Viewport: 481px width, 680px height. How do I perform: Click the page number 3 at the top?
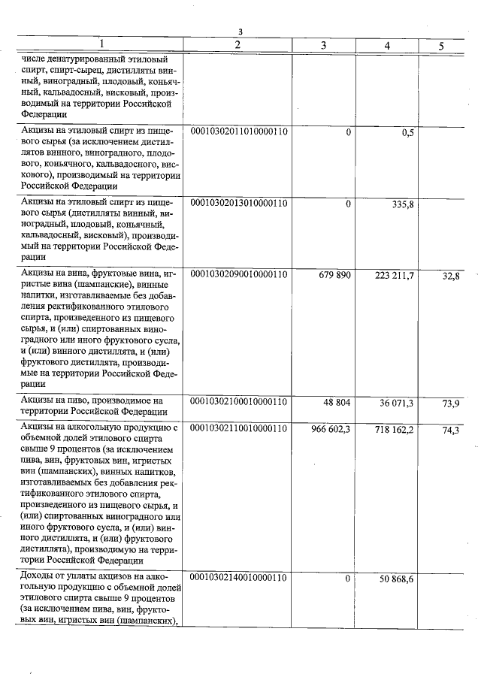(240, 32)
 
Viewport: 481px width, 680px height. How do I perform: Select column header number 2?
(237, 45)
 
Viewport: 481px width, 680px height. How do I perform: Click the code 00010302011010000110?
(239, 132)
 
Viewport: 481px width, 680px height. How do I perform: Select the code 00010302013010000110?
(239, 204)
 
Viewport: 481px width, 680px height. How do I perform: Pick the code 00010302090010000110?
(239, 275)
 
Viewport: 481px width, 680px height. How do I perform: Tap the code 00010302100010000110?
(239, 402)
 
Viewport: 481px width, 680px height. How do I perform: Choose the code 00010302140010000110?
(239, 578)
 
